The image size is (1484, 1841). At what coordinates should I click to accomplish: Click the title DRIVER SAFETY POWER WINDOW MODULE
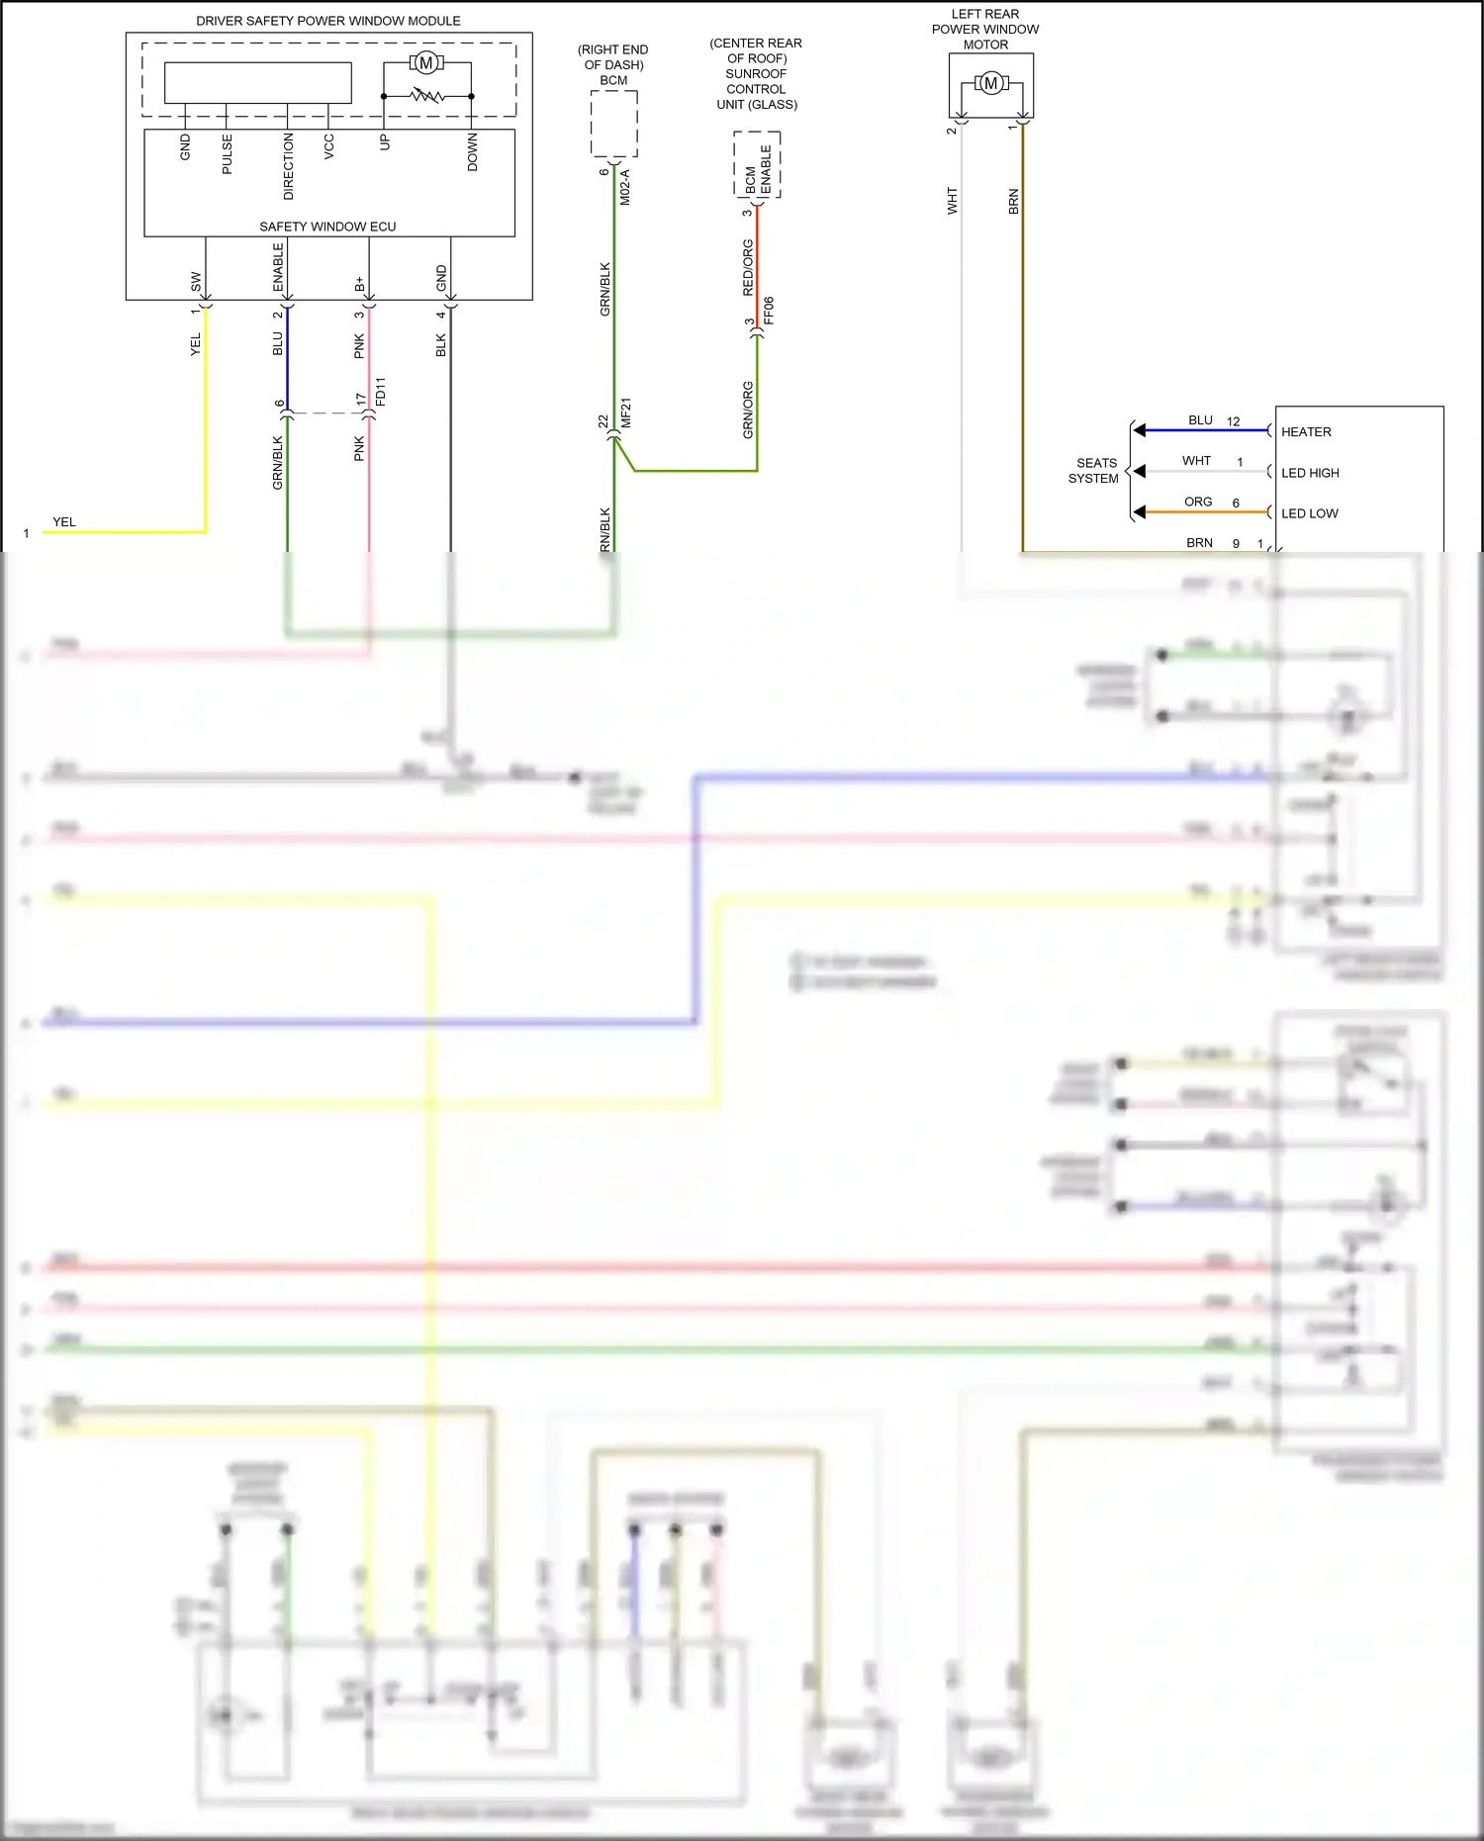[327, 21]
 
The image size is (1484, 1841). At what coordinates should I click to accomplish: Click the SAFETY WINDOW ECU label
[327, 227]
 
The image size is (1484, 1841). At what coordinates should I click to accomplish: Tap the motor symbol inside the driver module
[426, 63]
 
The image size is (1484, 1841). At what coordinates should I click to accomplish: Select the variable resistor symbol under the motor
[427, 96]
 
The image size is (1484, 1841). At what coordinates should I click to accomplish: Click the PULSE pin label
[227, 154]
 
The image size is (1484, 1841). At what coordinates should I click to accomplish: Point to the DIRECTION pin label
[288, 166]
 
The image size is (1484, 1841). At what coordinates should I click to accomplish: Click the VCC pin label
[328, 146]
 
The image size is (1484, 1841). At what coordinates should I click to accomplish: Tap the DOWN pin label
[472, 152]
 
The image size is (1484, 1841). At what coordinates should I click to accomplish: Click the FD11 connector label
[381, 392]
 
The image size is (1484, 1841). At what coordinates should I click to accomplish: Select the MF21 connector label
[625, 414]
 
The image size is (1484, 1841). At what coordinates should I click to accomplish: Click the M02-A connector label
[624, 187]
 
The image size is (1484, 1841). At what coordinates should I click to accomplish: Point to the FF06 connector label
[769, 311]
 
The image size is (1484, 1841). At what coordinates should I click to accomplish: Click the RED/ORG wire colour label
[748, 267]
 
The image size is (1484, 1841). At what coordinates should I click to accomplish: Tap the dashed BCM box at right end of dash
[613, 124]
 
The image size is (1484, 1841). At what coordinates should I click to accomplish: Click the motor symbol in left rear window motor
[990, 84]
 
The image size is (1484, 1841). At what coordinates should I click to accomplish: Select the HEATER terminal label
[1306, 432]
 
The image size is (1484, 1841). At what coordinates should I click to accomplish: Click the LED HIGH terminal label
[1310, 473]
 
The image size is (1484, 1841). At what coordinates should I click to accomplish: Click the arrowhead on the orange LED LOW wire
[1140, 511]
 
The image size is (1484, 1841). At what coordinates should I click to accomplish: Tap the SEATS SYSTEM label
[1094, 470]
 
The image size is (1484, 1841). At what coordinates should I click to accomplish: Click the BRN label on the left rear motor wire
[1013, 202]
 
